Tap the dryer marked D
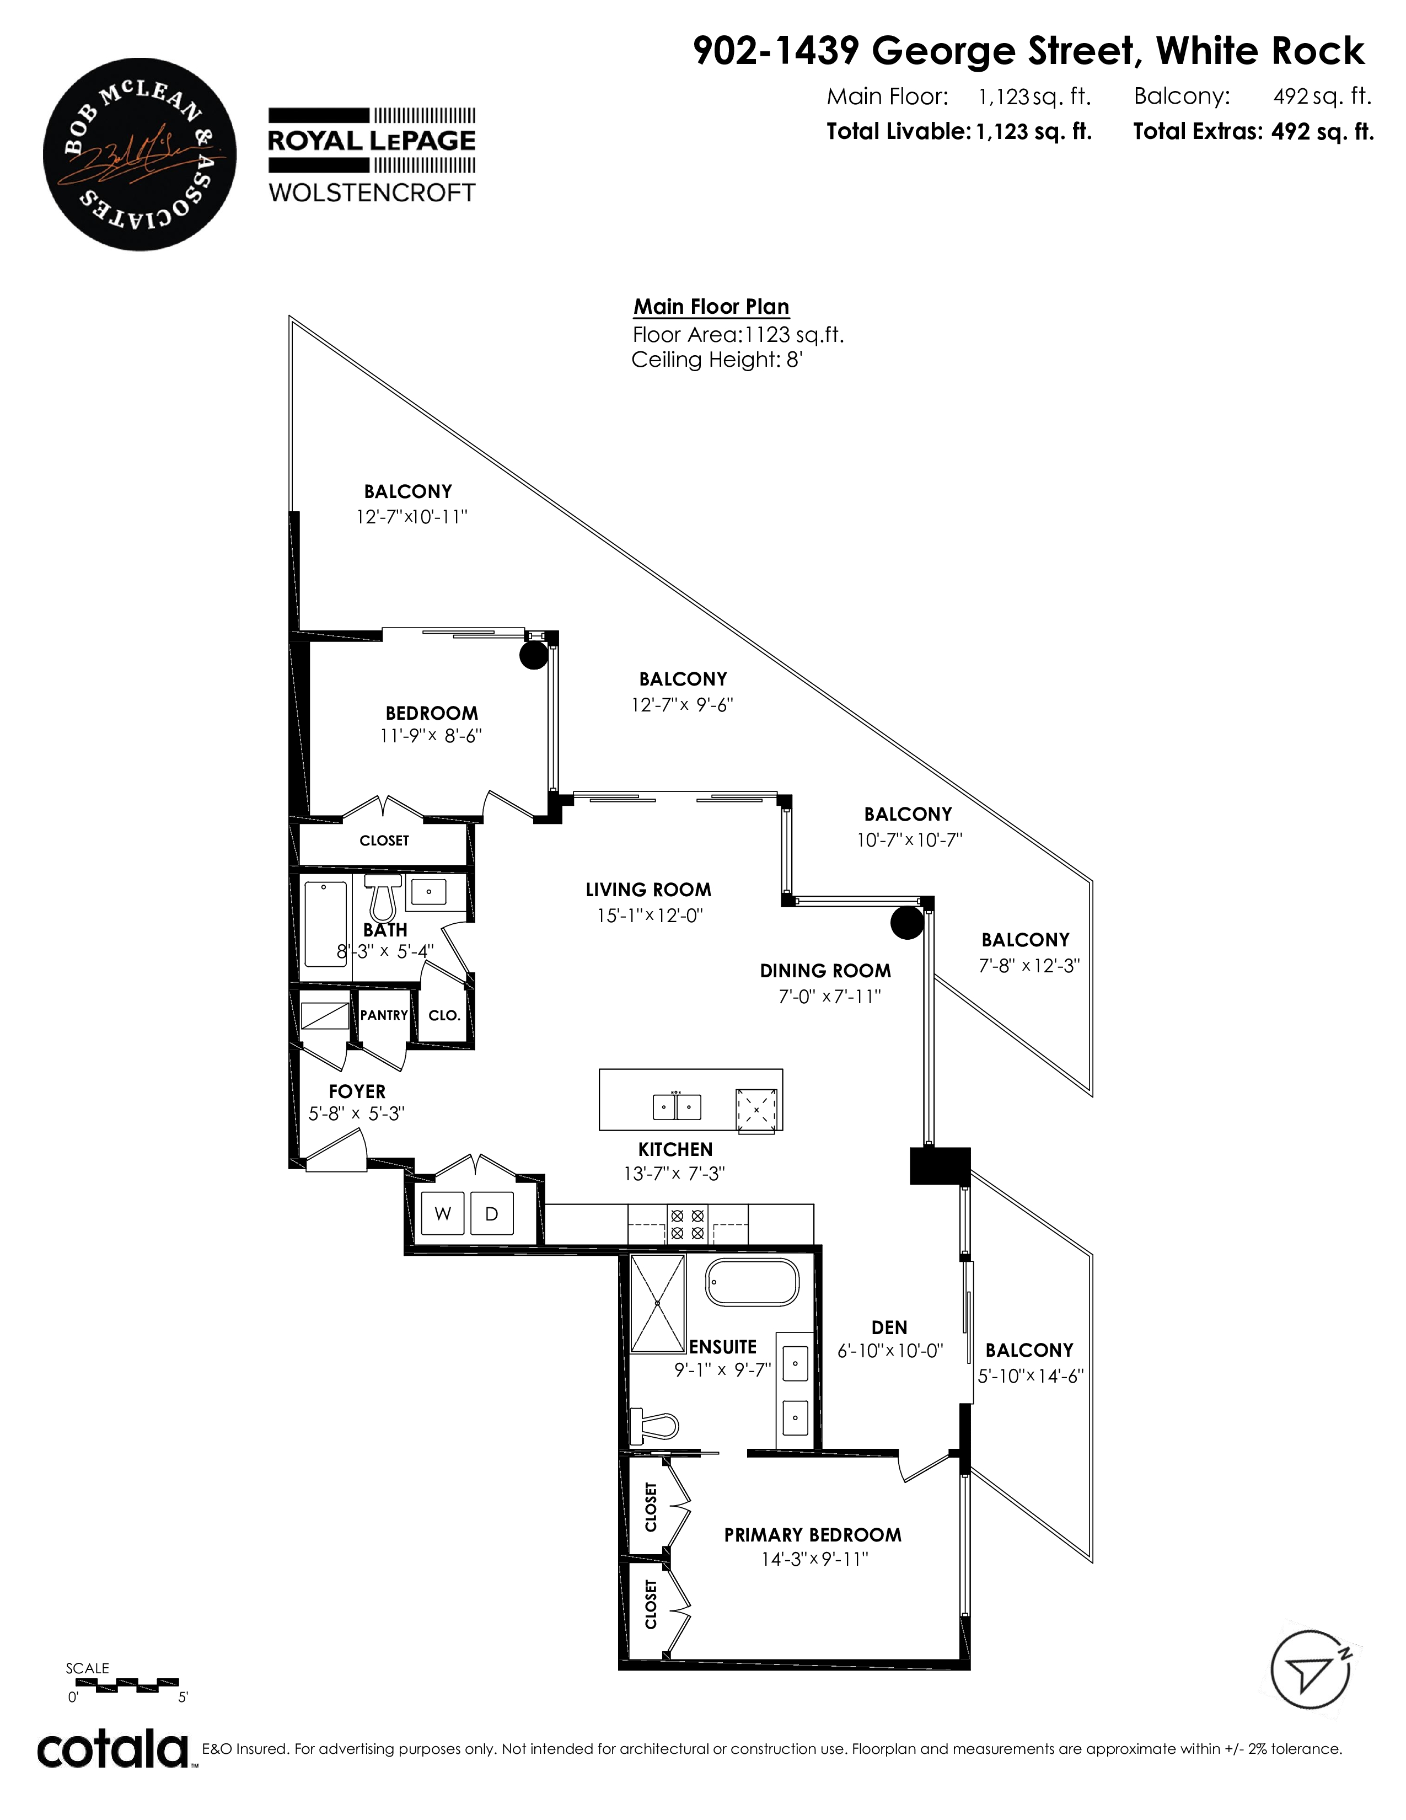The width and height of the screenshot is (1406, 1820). pos(491,1213)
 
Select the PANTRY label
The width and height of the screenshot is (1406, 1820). pos(384,1015)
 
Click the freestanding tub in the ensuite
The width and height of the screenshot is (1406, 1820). pos(752,1282)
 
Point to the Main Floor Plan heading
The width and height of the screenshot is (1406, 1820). pos(711,307)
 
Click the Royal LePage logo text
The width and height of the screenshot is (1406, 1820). pos(372,141)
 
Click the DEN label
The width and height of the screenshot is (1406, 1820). pos(889,1327)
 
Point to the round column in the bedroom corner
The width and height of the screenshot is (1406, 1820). pos(534,655)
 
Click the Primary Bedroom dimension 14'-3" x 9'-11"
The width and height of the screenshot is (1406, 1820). pos(814,1559)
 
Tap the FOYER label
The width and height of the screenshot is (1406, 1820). pos(357,1091)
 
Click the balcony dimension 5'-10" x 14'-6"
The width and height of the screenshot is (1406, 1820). pos(1031,1376)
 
